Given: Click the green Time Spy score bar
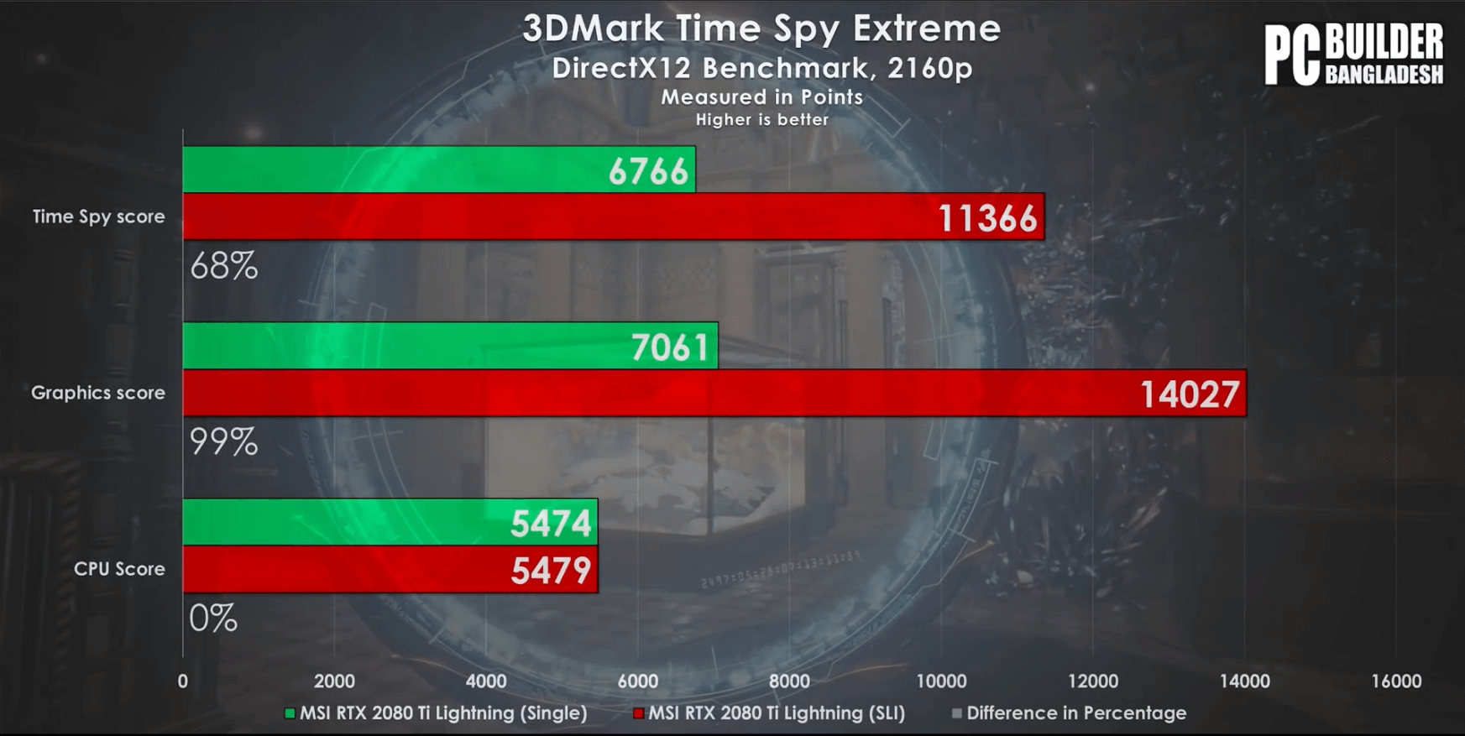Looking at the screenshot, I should point(438,170).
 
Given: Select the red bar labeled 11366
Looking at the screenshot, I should point(613,217).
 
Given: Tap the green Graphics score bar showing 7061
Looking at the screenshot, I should point(450,346).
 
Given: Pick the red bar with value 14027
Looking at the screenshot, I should point(714,393).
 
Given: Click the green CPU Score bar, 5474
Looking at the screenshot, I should point(390,522).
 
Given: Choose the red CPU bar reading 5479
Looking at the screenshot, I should point(390,569).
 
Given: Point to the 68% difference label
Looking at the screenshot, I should point(223,266).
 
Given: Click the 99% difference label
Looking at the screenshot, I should point(223,442).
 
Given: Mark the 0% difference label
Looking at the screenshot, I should point(213,619).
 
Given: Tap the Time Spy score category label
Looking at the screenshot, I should point(98,217).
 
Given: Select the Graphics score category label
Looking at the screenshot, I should point(97,393).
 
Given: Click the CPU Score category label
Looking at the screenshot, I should point(119,569).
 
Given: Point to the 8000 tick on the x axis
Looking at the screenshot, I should point(789,681).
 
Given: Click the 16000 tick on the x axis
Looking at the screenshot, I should point(1396,681).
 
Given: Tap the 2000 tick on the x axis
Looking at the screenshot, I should point(334,681).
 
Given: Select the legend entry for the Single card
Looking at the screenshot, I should point(436,713).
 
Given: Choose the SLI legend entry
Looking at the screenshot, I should point(769,713).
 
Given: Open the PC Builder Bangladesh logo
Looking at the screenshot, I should point(1353,54).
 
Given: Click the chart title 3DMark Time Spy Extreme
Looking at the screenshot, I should point(761,29).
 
